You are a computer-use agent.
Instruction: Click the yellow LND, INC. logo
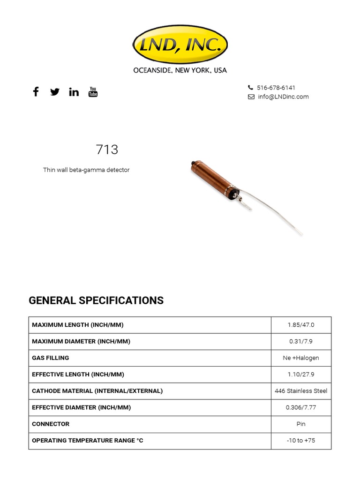[180, 45]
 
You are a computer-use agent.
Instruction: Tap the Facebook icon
[36, 91]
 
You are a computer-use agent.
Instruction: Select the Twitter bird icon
[55, 92]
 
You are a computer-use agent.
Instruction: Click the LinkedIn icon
[74, 92]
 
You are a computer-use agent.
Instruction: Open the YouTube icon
[93, 92]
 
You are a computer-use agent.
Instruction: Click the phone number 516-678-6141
[276, 88]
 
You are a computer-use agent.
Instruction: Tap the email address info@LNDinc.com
[283, 97]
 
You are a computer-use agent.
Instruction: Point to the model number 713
[107, 150]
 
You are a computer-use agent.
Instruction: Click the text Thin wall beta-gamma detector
[86, 170]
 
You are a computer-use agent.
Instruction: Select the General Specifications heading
[96, 300]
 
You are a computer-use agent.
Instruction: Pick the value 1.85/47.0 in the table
[301, 325]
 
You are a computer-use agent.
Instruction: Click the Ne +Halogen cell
[301, 358]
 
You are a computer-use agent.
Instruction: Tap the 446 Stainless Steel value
[301, 391]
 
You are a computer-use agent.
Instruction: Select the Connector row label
[51, 424]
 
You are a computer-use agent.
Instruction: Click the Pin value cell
[301, 424]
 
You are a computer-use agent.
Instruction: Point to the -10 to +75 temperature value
[301, 441]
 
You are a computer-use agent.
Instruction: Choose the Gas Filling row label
[51, 358]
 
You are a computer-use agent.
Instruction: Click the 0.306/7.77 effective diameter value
[301, 407]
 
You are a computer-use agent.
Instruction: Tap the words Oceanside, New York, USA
[180, 70]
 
